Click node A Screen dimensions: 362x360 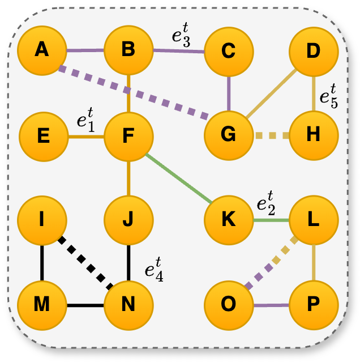click(x=41, y=51)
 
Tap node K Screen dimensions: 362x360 click(x=228, y=220)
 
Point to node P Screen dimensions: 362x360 click(x=313, y=305)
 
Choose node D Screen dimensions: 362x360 click(x=313, y=51)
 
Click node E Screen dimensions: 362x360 click(x=44, y=136)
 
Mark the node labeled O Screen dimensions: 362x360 click(x=228, y=305)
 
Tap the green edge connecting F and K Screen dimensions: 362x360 click(x=178, y=178)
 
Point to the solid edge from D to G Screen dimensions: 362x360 click(x=271, y=93)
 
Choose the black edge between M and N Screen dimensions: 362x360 click(x=85, y=306)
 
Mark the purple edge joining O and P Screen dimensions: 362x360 click(x=271, y=305)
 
